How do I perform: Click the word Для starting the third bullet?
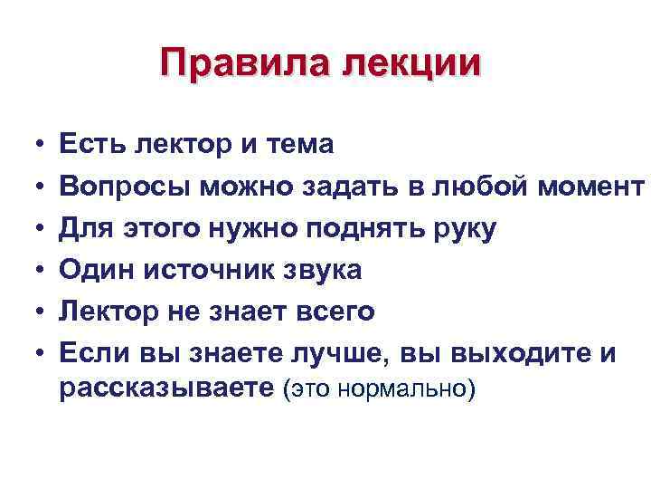pyautogui.click(x=82, y=227)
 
